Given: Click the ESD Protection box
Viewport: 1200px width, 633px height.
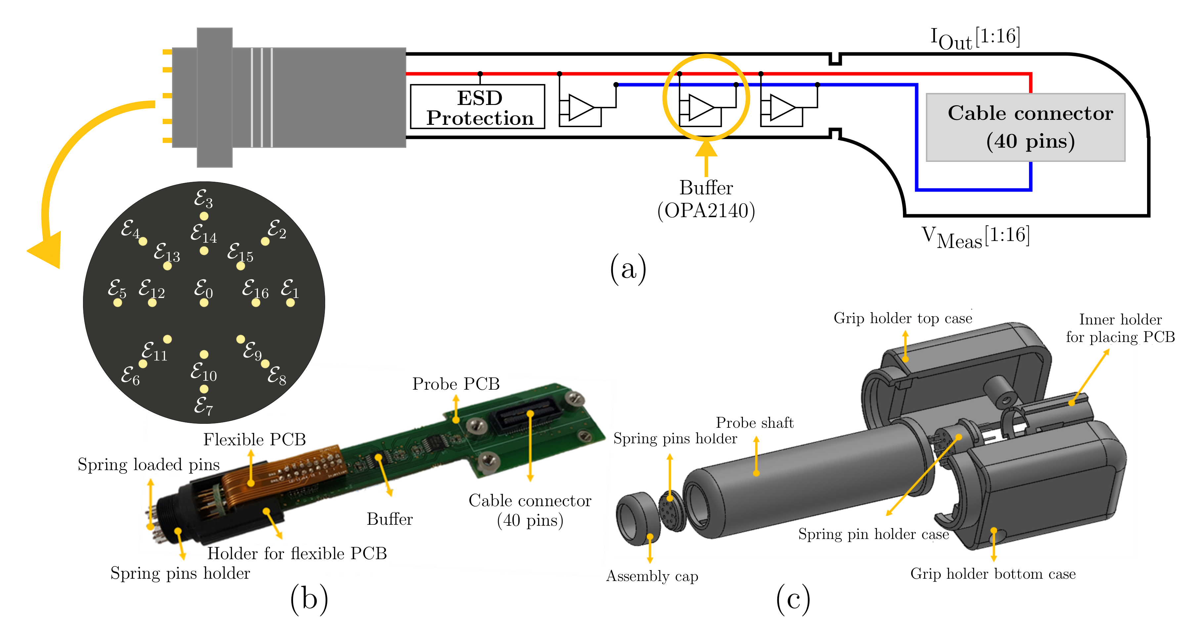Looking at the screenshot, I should point(478,107).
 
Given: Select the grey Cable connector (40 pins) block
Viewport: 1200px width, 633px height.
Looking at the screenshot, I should point(1025,127).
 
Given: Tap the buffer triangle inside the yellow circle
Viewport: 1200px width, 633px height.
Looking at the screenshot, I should point(700,108).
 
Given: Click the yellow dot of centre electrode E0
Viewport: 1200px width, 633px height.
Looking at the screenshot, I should point(204,303).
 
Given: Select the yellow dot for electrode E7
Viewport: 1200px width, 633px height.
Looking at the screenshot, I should point(204,389).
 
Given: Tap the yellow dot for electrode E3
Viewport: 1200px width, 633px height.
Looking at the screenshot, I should point(204,216).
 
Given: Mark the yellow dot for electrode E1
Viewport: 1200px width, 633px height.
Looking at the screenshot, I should point(290,303).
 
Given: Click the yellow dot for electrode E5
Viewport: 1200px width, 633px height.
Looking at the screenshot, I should point(118,303).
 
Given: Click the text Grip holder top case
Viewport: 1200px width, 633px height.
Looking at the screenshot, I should point(902,318).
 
